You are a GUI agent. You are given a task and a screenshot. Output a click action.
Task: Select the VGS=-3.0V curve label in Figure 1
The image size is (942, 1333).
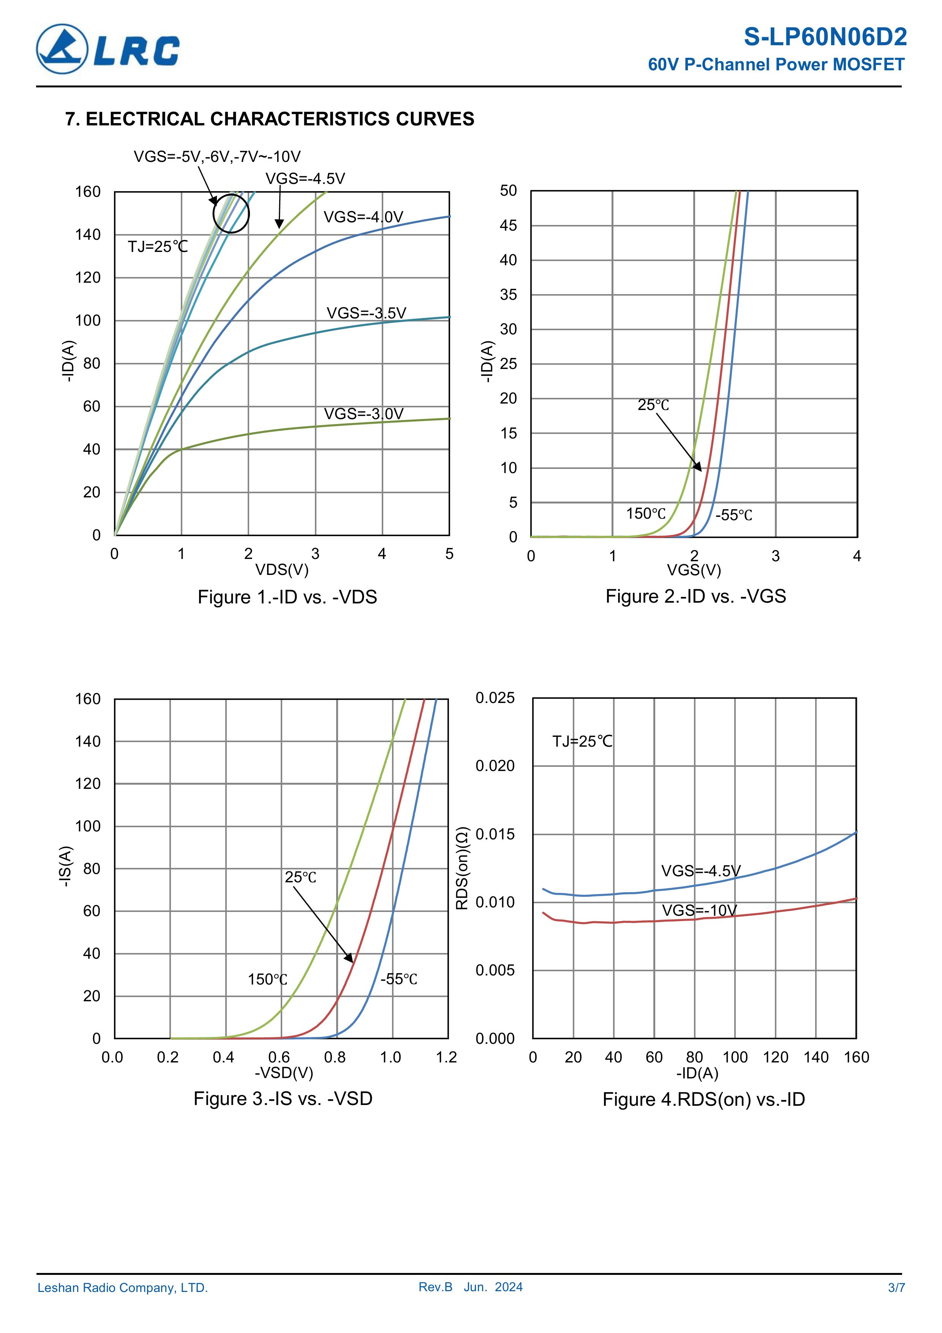click(364, 414)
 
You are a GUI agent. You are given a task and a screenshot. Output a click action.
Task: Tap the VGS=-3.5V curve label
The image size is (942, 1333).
click(366, 313)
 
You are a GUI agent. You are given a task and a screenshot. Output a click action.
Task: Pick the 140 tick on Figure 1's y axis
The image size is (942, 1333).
click(88, 234)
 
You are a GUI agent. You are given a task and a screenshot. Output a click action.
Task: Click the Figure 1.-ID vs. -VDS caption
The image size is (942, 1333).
click(287, 597)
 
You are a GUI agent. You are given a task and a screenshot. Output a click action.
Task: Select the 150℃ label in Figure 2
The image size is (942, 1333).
click(645, 513)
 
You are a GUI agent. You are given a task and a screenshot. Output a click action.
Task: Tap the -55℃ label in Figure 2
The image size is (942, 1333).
click(733, 515)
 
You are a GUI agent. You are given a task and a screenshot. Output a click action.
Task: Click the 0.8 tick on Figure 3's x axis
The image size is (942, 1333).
click(335, 1057)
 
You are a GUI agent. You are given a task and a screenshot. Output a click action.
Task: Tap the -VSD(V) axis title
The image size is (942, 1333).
click(284, 1072)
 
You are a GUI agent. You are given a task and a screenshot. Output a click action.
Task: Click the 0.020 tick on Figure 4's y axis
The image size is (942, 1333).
click(495, 766)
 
